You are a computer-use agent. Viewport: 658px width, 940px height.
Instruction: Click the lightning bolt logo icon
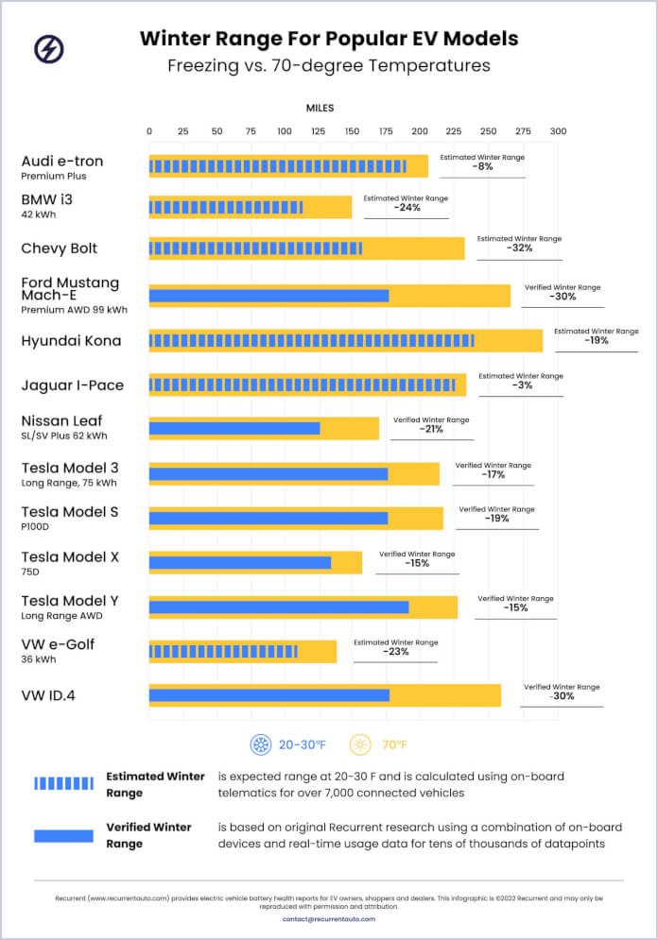[49, 49]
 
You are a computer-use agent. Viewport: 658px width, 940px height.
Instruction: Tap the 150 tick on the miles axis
[353, 131]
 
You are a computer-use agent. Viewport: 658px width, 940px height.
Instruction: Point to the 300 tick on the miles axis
[558, 131]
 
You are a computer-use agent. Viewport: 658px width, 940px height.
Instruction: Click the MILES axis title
[320, 109]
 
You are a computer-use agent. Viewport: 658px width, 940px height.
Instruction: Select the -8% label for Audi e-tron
[482, 167]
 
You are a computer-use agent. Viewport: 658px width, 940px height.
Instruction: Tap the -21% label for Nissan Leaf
[431, 429]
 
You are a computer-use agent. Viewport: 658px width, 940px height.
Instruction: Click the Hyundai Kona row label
[71, 341]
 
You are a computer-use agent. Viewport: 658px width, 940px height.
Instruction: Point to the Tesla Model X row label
[70, 557]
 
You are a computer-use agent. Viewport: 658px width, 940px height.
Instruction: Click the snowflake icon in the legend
[260, 744]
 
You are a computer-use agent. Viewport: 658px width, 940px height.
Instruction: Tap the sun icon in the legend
[360, 744]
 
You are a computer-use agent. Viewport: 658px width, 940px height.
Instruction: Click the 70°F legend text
[394, 745]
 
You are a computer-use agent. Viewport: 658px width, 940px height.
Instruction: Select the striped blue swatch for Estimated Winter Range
[63, 783]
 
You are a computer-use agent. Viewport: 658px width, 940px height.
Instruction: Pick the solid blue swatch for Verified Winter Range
[63, 835]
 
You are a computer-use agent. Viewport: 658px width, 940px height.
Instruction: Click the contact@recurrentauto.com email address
[328, 918]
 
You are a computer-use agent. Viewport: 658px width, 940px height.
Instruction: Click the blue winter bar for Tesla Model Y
[279, 607]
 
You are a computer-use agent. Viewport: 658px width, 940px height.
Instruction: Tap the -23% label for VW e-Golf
[395, 652]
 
